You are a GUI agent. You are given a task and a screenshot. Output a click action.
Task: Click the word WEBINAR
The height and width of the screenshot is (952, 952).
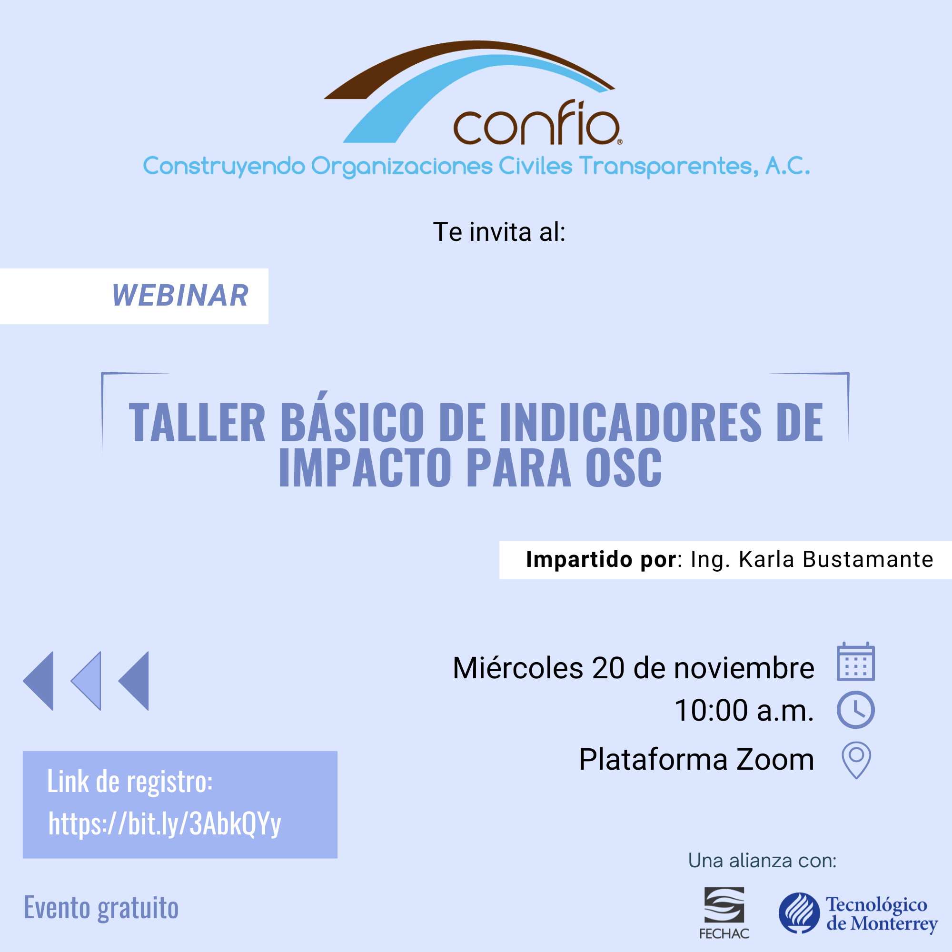click(180, 296)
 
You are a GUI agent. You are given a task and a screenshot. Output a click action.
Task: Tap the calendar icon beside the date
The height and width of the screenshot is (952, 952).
click(855, 662)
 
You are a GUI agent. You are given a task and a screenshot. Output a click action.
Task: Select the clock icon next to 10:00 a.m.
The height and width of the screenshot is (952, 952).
click(855, 710)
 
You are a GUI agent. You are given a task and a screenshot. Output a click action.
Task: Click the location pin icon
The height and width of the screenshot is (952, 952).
click(856, 760)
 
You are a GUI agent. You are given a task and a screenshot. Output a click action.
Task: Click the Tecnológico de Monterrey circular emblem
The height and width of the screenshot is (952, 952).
click(799, 912)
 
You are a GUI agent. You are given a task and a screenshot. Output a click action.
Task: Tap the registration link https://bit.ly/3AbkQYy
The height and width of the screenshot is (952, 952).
click(165, 824)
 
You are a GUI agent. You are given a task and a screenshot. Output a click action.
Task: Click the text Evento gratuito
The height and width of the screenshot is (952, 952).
click(101, 908)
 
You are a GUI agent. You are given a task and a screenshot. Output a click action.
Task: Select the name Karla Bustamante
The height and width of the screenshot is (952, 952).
click(836, 559)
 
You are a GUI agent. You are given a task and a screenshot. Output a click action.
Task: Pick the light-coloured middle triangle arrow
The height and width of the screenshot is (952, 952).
click(86, 681)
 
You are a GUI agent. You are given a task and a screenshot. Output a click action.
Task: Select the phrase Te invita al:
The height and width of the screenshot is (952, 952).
click(499, 232)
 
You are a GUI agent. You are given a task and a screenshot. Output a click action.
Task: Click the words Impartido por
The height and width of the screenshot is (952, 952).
click(601, 559)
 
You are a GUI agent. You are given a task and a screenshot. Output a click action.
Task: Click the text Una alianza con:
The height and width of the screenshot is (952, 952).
click(762, 861)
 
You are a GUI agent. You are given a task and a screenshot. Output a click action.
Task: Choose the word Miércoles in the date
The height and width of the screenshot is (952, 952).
click(518, 668)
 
